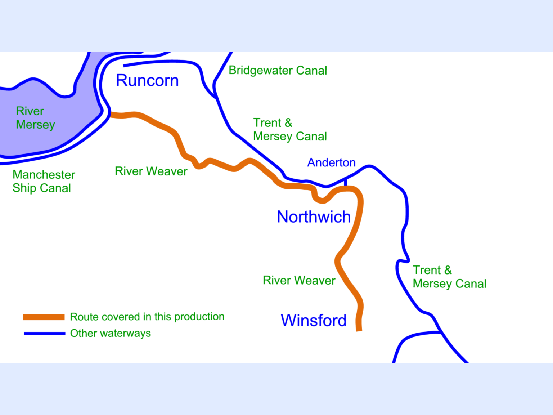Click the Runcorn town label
point(147,81)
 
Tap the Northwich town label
point(314,217)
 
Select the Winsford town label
point(314,320)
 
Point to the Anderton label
point(331,162)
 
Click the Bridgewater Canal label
point(278,71)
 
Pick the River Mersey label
point(35,118)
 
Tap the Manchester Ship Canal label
point(44,181)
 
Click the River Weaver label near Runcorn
point(151,171)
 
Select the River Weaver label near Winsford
point(299,280)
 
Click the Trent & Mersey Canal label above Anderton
point(290,129)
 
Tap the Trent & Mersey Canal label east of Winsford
point(449,277)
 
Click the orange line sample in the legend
point(44,317)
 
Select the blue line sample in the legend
point(44,334)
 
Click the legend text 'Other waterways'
point(110,333)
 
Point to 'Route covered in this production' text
point(147,317)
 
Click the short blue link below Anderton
point(346,182)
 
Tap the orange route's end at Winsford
point(359,329)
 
